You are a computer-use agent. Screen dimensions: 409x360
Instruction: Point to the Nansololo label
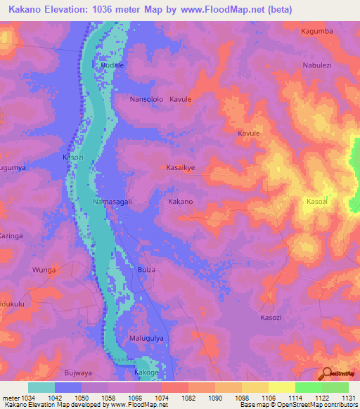tap(146, 100)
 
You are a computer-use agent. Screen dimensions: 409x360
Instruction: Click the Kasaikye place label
tap(181, 169)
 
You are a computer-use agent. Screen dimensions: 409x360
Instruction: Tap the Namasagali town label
tap(112, 202)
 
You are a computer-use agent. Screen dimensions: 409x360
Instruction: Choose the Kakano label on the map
tap(180, 202)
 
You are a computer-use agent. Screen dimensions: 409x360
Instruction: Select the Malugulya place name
tap(147, 338)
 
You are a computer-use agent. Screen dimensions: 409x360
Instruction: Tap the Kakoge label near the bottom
tap(146, 372)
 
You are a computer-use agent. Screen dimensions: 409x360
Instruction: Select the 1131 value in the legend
tap(347, 398)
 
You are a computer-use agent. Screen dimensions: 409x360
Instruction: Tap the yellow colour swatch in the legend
tap(281, 387)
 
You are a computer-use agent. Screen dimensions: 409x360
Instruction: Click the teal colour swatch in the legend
tap(41, 387)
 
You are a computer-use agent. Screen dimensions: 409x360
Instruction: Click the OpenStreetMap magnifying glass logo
tap(326, 373)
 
